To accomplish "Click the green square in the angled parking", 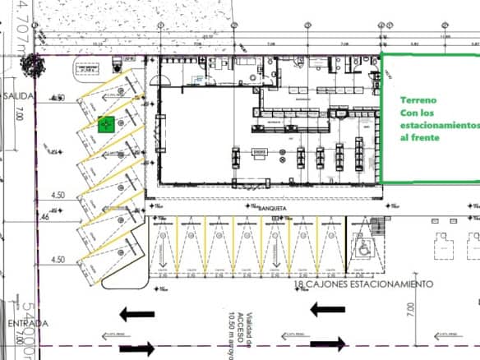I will click(105, 125).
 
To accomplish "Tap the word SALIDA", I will click(18, 96).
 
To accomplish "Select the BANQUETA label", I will click(272, 208).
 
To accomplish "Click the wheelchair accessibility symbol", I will click(361, 244).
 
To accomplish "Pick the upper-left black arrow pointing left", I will click(137, 313).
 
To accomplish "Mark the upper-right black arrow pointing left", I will click(328, 310).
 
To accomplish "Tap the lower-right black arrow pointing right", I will click(326, 346).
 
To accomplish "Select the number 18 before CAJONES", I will click(300, 284).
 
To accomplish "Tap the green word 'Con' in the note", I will click(409, 112).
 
